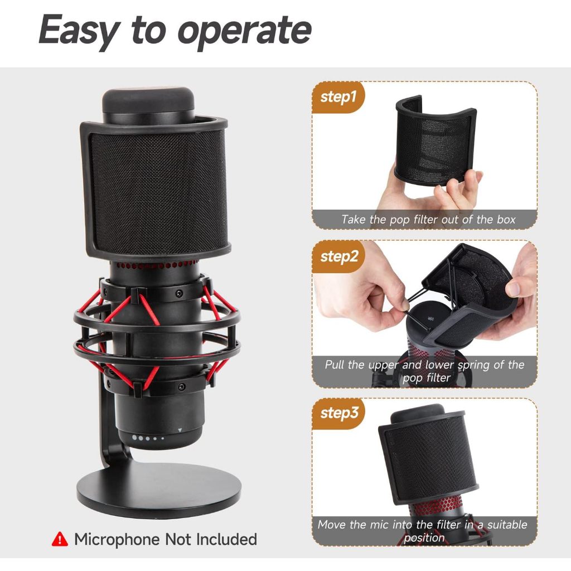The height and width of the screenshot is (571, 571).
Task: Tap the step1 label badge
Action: (x=338, y=97)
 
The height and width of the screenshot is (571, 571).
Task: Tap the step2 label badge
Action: (x=338, y=257)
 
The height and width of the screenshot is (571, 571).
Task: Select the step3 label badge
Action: (x=338, y=413)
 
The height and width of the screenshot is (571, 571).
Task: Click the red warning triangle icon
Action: (x=59, y=539)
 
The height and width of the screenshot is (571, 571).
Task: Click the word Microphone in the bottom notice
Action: (x=117, y=539)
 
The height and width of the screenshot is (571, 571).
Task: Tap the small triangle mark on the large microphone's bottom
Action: (x=180, y=430)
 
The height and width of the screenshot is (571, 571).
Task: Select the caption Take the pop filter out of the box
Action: (x=428, y=219)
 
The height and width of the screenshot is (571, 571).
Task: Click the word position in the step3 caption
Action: (x=424, y=538)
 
